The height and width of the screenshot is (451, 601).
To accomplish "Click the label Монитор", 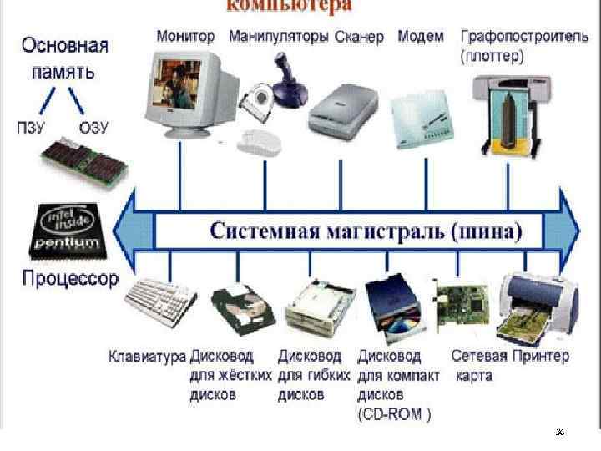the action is (x=185, y=37).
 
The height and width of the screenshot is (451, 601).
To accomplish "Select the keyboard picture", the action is (x=158, y=300).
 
